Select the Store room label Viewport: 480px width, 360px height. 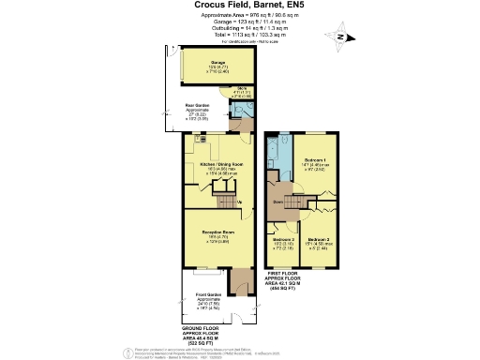240,93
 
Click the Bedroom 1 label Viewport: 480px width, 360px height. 318,164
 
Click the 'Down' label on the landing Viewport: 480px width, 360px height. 278,201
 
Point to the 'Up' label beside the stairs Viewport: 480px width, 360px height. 241,202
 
